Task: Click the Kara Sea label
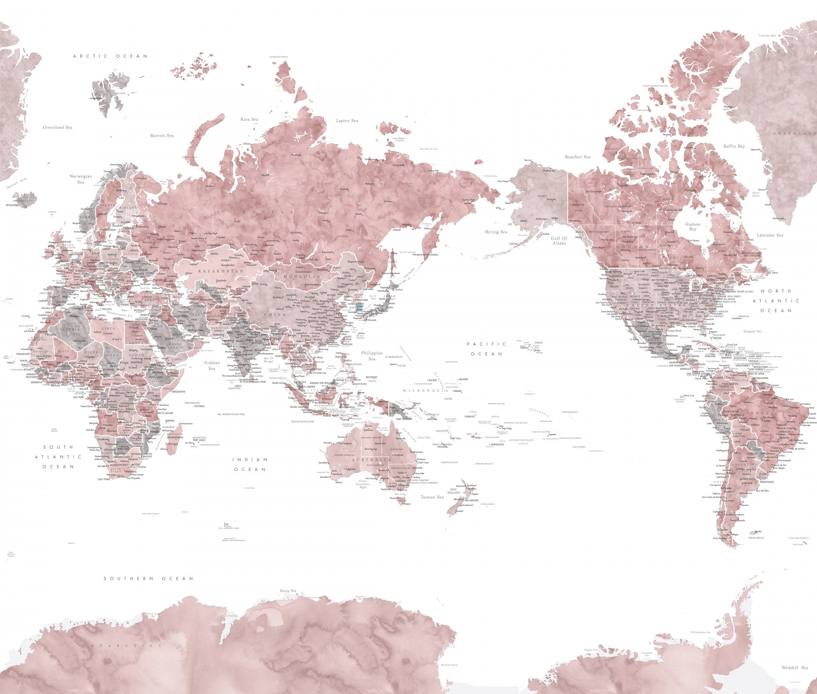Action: click(249, 119)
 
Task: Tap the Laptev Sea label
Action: click(347, 121)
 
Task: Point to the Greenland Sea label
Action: click(58, 127)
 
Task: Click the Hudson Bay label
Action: click(692, 227)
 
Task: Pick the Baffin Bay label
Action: click(734, 146)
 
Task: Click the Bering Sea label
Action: click(496, 232)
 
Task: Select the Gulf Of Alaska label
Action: click(559, 241)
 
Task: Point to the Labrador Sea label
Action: click(770, 235)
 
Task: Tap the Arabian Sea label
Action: click(212, 365)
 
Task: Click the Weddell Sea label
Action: click(794, 668)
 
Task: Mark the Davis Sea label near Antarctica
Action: click(288, 590)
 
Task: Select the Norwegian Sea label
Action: click(81, 179)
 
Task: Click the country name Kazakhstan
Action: click(221, 271)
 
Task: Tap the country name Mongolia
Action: click(302, 277)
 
